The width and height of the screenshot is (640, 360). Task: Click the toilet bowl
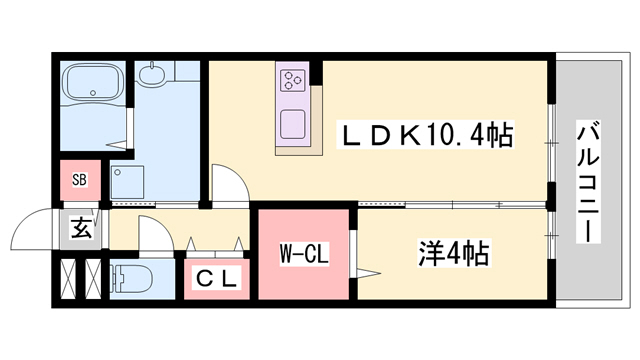pyautogui.click(x=130, y=279)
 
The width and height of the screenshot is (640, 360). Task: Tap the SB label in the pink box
pyautogui.click(x=79, y=181)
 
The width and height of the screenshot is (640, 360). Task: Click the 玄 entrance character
pyautogui.click(x=79, y=229)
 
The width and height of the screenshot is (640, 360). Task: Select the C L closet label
pyautogui.click(x=214, y=279)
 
